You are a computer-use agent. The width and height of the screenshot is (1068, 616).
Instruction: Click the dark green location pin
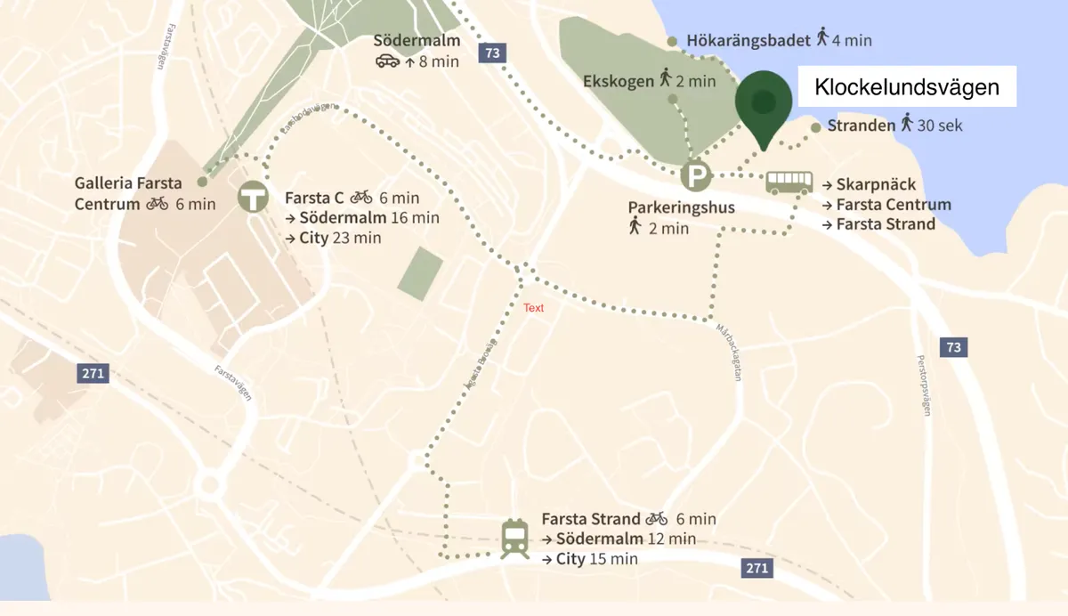tap(763, 103)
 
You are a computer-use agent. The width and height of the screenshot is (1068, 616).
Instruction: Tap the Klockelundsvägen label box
tap(907, 87)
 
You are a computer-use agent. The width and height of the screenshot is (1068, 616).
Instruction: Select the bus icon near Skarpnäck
tap(789, 183)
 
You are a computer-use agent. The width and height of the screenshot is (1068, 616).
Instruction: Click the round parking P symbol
tap(696, 175)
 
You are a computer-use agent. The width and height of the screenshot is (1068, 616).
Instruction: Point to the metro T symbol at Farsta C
tap(254, 198)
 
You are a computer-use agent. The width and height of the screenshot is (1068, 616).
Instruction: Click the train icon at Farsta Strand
tap(514, 539)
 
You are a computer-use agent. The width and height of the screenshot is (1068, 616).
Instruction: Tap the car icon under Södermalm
tap(387, 61)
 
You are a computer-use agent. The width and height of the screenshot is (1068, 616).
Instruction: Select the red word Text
tap(533, 308)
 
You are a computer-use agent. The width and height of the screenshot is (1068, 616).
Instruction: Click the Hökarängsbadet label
tap(748, 40)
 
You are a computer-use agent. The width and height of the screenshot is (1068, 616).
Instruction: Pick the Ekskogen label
tap(618, 81)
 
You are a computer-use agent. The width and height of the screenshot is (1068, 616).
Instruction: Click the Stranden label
tap(861, 126)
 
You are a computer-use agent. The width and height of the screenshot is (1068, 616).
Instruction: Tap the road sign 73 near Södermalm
tap(491, 53)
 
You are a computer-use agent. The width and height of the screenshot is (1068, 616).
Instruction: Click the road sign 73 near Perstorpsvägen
tap(953, 347)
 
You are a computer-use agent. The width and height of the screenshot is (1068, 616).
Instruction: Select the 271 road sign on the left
tap(93, 373)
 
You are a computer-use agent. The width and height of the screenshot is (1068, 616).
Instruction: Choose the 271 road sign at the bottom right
tap(757, 568)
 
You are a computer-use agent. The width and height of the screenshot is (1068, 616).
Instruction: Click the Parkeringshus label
tap(681, 207)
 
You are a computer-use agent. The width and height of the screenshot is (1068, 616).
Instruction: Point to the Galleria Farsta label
tap(128, 183)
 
